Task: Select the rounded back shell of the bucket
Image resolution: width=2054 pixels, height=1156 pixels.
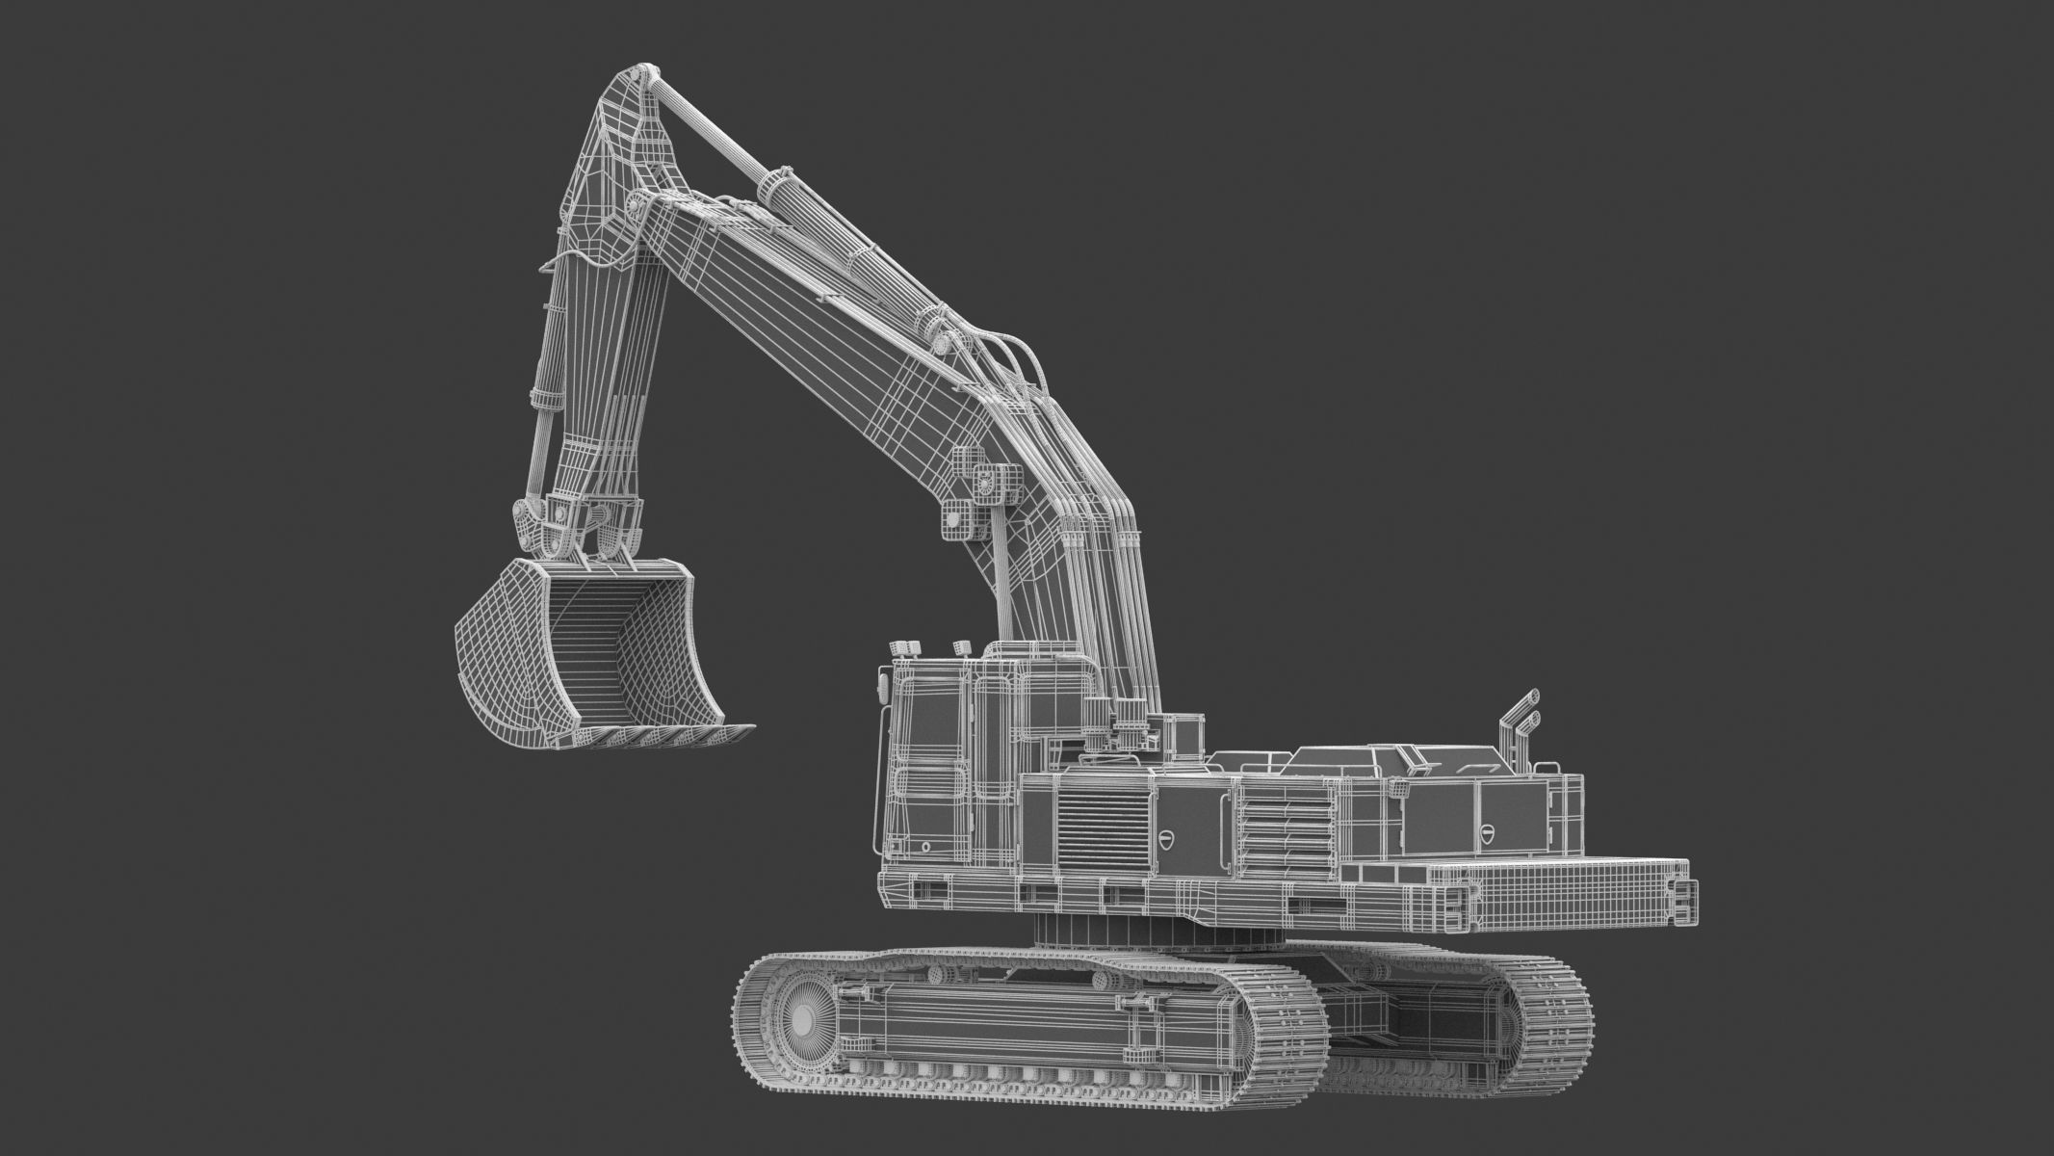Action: coord(491,655)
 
